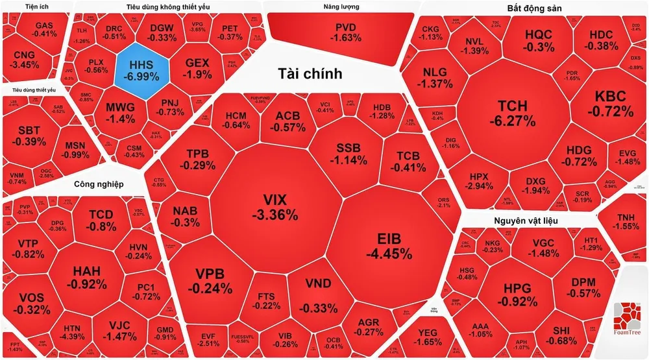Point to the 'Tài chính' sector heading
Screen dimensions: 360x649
(x=310, y=73)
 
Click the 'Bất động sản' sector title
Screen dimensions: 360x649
(x=533, y=8)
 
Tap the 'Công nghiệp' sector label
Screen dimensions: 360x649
(x=98, y=184)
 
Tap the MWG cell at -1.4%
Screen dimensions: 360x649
(x=120, y=112)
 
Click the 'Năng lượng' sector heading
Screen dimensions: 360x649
(x=341, y=7)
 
